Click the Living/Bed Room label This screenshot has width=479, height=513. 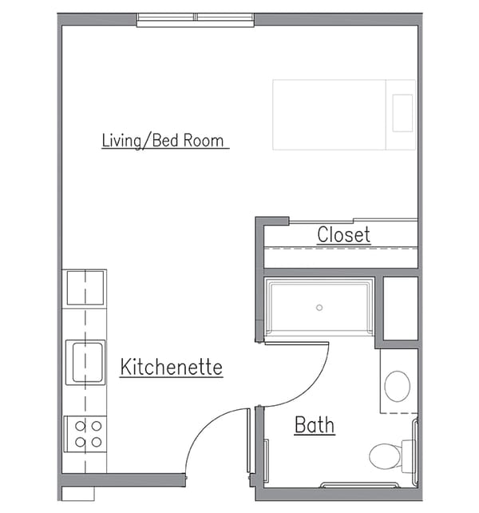164,141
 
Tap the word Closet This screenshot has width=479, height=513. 343,235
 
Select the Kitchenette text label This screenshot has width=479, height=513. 171,368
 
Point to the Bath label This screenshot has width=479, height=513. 315,425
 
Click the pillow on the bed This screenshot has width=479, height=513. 402,113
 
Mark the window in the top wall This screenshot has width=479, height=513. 195,19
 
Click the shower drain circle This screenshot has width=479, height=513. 319,307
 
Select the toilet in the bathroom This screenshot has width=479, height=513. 386,456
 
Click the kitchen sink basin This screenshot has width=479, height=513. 85,361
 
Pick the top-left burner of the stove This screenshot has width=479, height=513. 80,425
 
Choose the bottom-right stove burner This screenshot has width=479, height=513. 96,441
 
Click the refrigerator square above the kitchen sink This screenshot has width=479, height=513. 85,288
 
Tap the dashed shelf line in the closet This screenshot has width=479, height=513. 341,249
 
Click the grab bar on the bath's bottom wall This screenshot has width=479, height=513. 359,484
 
